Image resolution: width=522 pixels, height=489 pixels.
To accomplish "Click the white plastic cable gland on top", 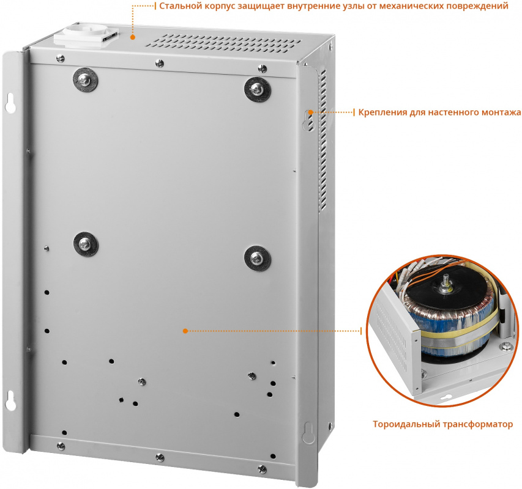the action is (86, 35).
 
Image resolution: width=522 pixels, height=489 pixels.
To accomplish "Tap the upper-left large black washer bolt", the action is (85, 80).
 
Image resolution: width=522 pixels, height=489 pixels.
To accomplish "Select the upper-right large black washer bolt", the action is (258, 89).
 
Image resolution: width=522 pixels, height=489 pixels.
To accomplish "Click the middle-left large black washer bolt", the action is (86, 244).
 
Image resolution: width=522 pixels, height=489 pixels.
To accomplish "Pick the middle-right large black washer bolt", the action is (258, 259).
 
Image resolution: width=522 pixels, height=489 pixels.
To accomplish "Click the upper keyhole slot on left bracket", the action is (10, 103).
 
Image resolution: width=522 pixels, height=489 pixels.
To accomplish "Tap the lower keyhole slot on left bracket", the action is (10, 400).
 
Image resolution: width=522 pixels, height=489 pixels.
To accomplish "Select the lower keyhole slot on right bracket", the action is (308, 432).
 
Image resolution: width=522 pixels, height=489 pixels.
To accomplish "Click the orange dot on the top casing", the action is (133, 37).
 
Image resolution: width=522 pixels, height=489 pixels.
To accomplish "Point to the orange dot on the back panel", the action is (185, 331).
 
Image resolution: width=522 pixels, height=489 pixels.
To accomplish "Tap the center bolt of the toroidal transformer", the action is (445, 284).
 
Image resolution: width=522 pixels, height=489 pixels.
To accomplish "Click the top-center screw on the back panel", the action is (160, 63).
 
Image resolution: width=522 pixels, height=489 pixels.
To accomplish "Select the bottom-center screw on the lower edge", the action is (160, 457).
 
